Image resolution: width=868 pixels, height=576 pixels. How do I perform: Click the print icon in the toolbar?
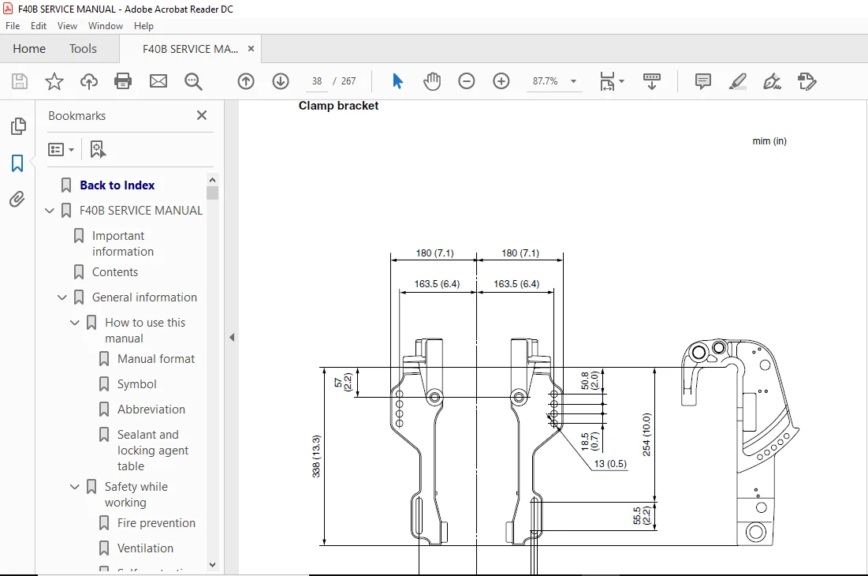123,81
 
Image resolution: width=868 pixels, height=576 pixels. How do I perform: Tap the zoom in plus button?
501,81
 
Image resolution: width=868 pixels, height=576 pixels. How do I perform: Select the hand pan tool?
432,81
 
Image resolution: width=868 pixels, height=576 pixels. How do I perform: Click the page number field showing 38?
317,81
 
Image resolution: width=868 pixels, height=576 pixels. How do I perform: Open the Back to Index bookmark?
117,185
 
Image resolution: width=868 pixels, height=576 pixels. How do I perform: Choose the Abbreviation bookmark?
151,410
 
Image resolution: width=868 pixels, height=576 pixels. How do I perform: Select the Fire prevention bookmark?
156,523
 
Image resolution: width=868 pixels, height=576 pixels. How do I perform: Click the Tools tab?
83,49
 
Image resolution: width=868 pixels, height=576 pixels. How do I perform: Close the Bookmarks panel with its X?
202,115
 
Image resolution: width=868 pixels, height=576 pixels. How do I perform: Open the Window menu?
105,26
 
